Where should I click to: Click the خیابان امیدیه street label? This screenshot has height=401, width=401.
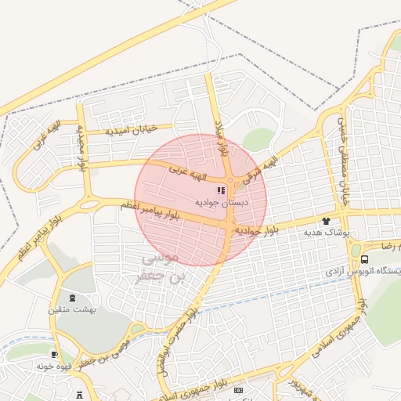tap(132, 128)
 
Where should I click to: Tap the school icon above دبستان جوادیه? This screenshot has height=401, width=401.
tap(222, 190)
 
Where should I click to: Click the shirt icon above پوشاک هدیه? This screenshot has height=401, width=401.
tap(326, 222)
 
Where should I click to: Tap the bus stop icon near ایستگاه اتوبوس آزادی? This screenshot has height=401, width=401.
tap(365, 258)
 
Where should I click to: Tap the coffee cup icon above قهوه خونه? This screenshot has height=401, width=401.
tap(54, 354)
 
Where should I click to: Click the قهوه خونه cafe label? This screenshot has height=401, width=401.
tap(55, 365)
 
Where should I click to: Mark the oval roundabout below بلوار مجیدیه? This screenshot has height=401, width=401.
tap(89, 205)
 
